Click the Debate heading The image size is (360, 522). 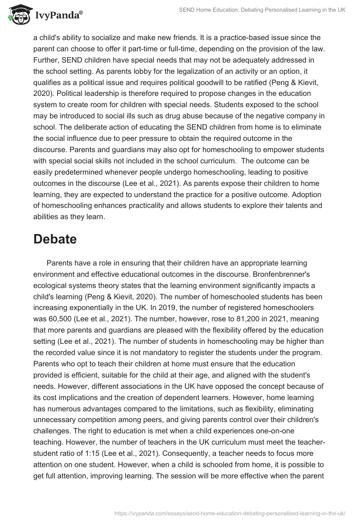(x=55, y=239)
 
